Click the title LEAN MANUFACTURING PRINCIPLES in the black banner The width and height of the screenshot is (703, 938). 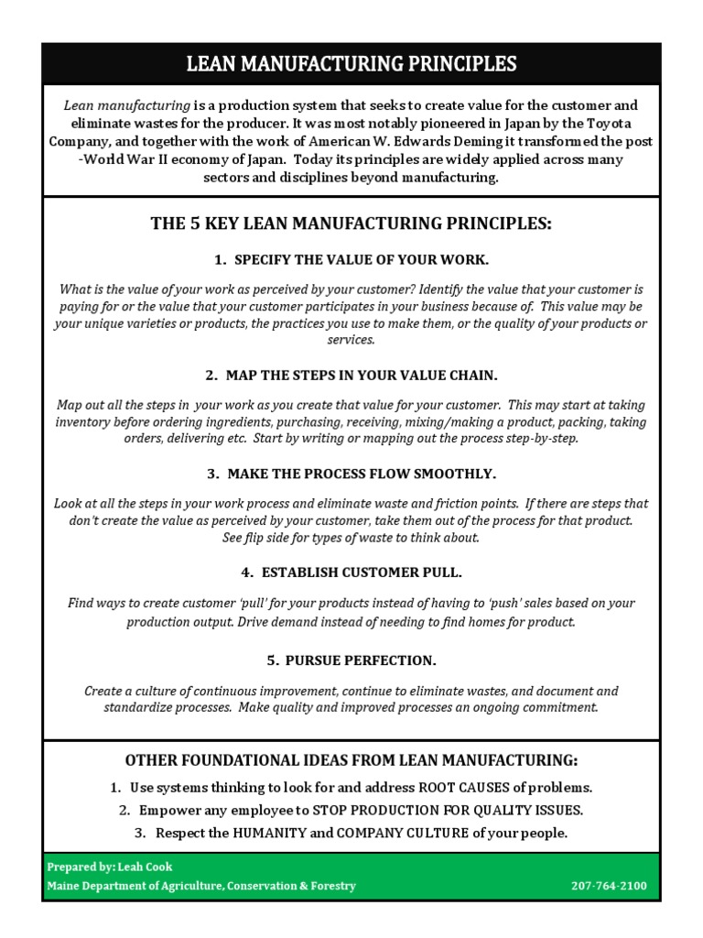tap(351, 64)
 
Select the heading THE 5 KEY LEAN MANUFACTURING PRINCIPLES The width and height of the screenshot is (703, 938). tap(351, 224)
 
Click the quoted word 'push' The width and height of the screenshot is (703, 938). tap(487, 604)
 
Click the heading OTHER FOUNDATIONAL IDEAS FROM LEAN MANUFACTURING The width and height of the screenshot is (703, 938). tap(351, 761)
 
